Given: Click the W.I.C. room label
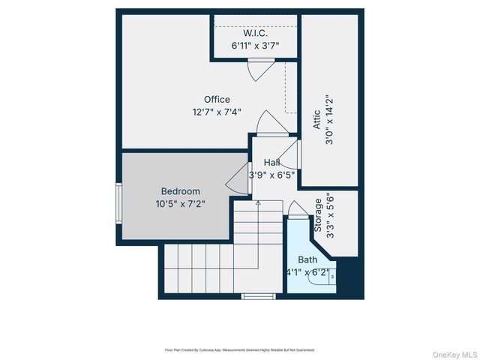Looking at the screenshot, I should click(255, 34).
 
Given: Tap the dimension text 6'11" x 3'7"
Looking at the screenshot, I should click(255, 46).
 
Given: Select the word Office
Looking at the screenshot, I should click(217, 99).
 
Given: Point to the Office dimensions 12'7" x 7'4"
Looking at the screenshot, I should click(217, 112).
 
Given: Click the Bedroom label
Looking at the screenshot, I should click(180, 191).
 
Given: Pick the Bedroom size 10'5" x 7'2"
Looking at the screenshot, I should click(180, 203).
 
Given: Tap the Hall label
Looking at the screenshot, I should click(271, 162).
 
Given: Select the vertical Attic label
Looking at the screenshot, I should click(316, 120).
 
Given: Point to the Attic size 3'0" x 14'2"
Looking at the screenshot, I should click(329, 120).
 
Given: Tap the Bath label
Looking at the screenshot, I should click(307, 259).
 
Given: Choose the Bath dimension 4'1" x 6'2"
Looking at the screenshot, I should click(307, 272).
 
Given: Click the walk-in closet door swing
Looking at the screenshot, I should click(256, 70).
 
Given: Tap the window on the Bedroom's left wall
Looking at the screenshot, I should click(118, 203).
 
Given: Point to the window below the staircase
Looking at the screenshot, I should click(259, 296).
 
